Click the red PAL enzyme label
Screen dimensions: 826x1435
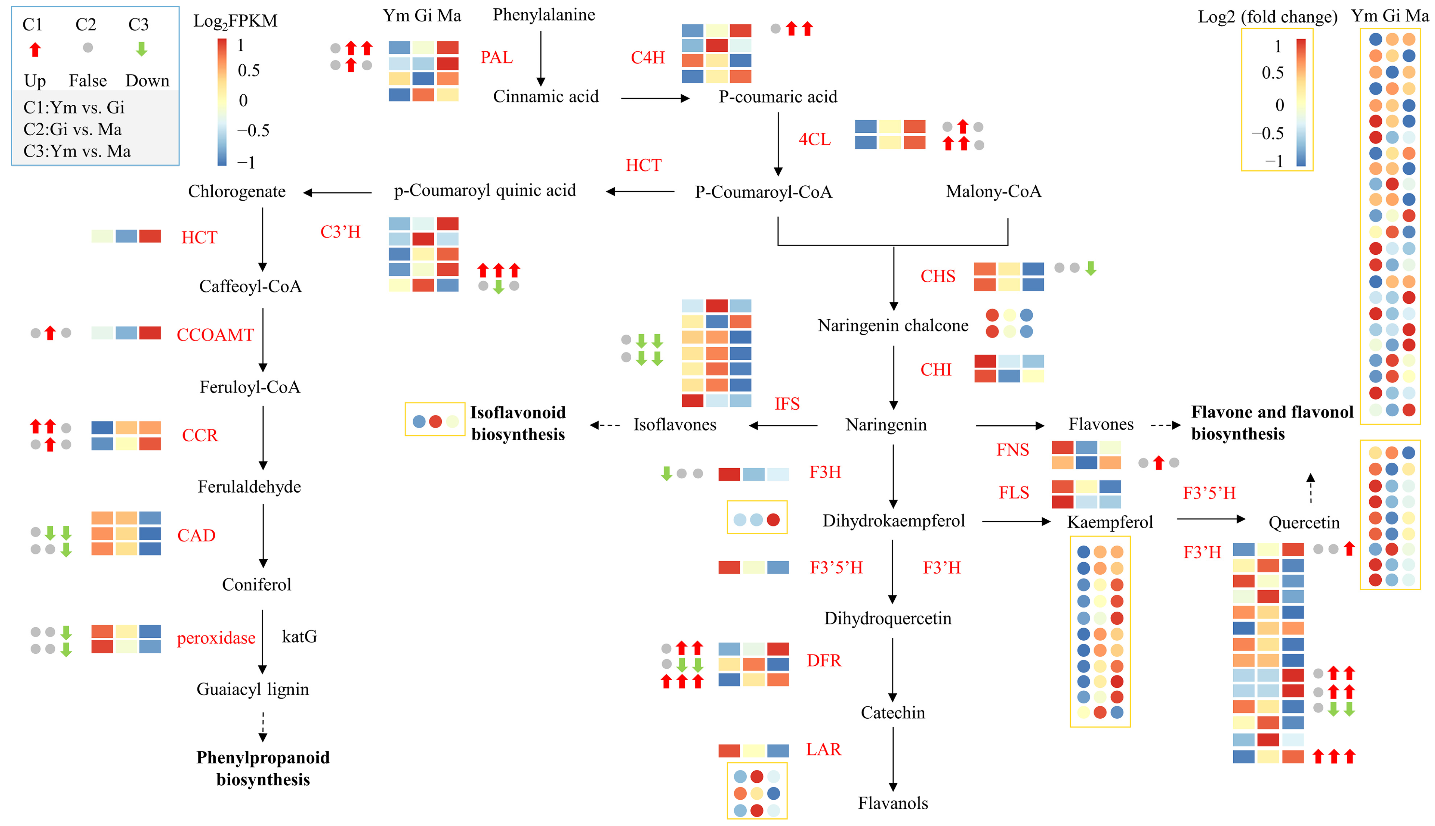click(x=496, y=57)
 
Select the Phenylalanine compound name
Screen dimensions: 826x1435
click(x=543, y=15)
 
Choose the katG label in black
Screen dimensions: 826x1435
click(x=299, y=636)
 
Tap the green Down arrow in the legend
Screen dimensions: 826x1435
click(x=141, y=49)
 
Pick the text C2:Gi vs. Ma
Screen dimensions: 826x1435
click(x=73, y=129)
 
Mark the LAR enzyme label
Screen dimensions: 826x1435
click(x=823, y=749)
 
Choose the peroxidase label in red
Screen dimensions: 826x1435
click(x=216, y=638)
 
